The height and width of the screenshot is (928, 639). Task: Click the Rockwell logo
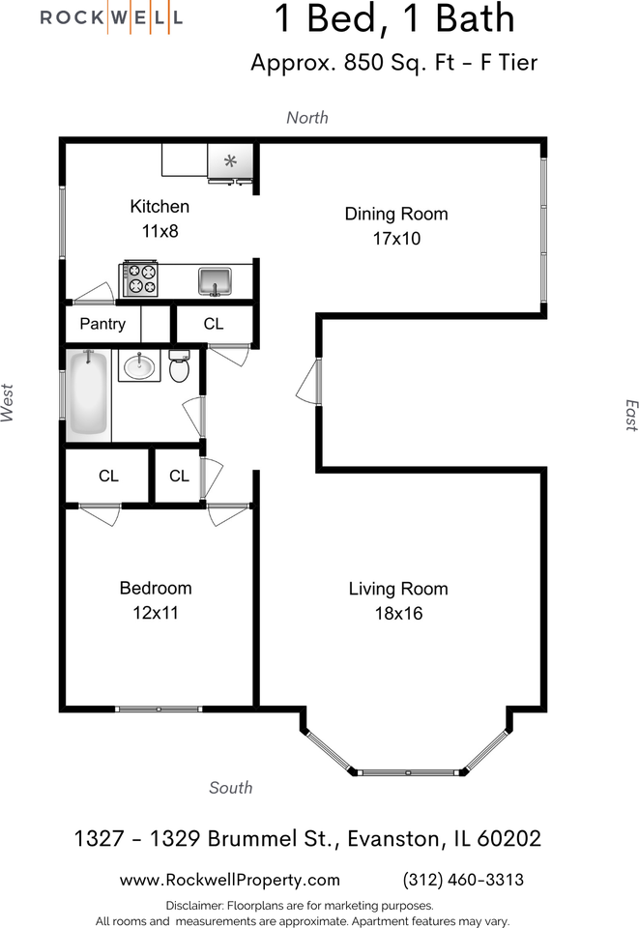click(x=111, y=17)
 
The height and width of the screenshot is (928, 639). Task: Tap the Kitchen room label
click(x=160, y=207)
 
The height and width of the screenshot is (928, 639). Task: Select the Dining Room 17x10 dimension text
click(x=396, y=239)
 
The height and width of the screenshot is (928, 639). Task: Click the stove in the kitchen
click(x=140, y=278)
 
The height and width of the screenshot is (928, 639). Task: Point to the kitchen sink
click(x=215, y=281)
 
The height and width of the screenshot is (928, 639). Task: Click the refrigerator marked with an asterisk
click(x=230, y=161)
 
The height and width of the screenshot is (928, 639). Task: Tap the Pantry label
click(x=102, y=325)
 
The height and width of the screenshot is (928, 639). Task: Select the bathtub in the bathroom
click(x=88, y=394)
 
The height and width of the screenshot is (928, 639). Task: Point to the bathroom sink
click(x=139, y=365)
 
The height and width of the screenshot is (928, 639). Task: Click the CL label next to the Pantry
click(x=214, y=324)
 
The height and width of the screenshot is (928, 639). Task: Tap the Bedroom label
click(x=156, y=588)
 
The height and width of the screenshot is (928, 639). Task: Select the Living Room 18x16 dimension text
click(x=399, y=613)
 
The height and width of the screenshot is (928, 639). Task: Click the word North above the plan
click(x=307, y=117)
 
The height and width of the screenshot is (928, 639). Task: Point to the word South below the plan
click(x=231, y=787)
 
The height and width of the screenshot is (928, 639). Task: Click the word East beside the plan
click(x=631, y=416)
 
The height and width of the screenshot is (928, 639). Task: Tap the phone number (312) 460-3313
click(x=463, y=880)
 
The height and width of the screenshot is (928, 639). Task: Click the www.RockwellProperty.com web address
click(x=229, y=880)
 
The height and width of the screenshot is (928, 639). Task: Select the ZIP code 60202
click(x=508, y=839)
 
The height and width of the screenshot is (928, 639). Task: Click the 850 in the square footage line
click(x=363, y=62)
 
